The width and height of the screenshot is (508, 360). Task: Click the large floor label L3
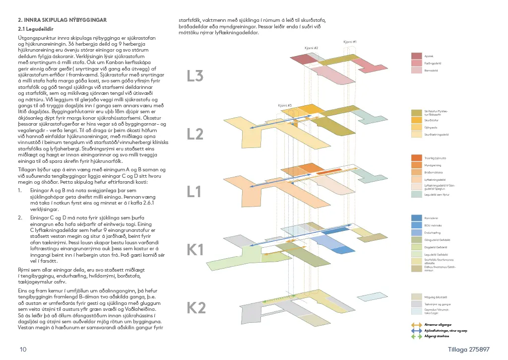[x=195, y=76]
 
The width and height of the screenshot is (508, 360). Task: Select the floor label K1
[x=195, y=250]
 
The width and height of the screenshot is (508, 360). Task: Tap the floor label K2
[x=196, y=308]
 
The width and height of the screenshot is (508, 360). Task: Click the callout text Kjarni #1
[x=350, y=42]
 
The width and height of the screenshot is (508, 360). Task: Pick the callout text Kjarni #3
[x=285, y=105]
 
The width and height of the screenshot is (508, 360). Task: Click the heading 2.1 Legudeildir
[x=36, y=29]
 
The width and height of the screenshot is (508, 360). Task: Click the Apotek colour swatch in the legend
[x=417, y=56]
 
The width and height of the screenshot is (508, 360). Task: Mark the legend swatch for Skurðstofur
[x=417, y=120]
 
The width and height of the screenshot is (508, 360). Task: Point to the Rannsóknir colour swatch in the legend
[x=417, y=217]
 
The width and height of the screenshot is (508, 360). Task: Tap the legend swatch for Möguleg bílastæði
[x=417, y=296]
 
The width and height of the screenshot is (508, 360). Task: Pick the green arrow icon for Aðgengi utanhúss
[x=416, y=336]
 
